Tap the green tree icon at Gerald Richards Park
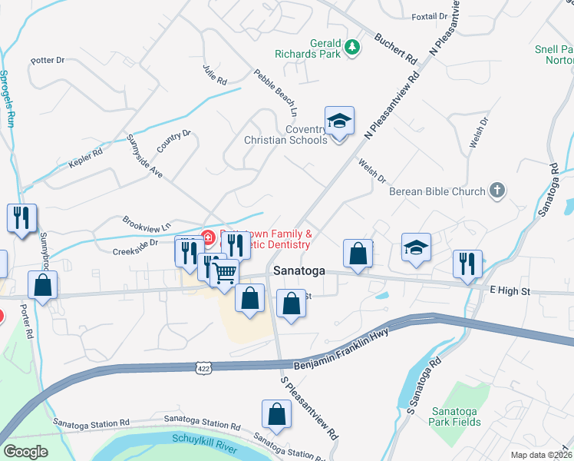(x=352, y=48)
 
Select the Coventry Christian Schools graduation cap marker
(x=339, y=123)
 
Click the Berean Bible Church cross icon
(x=497, y=191)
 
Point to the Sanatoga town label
(x=300, y=271)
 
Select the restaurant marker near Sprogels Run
(x=21, y=217)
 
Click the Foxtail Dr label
(x=429, y=15)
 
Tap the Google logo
(x=25, y=452)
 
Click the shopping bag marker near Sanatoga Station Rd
(x=276, y=414)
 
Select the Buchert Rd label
(x=395, y=48)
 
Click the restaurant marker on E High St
(x=467, y=264)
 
